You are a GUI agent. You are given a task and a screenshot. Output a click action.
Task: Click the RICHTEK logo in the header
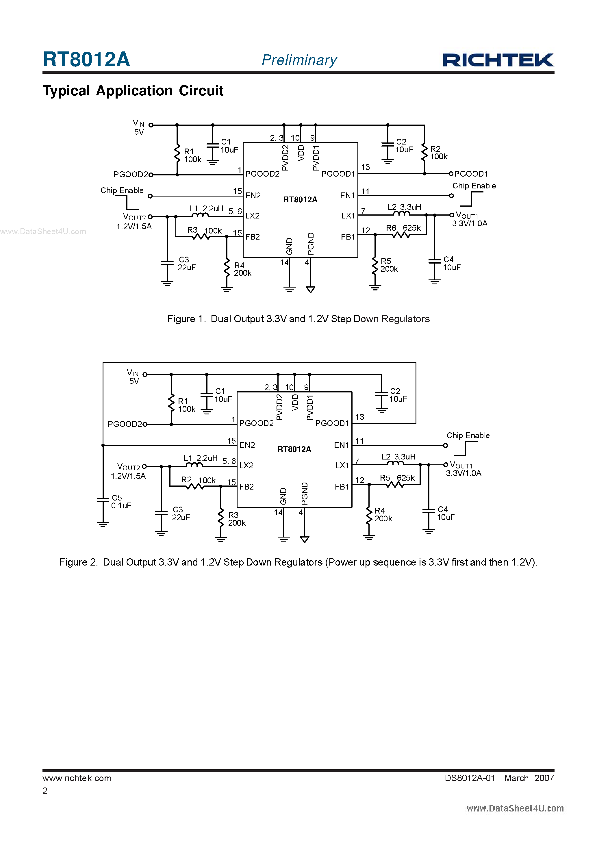pos(498,60)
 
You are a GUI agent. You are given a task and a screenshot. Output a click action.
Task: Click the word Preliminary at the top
pos(299,60)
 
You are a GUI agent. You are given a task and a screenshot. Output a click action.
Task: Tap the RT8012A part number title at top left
pos(86,59)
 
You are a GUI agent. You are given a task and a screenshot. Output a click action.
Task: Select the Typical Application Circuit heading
pos(133,90)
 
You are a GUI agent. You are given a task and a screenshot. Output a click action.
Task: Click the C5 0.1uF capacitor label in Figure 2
pos(121,502)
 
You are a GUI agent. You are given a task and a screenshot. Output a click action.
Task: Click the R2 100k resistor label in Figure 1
pos(438,153)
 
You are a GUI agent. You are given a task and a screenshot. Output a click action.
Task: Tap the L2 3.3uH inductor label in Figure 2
pos(398,457)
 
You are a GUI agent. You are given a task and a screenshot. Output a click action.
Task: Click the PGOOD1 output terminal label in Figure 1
pos(471,174)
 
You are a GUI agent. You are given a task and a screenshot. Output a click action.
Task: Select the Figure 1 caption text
pos(298,319)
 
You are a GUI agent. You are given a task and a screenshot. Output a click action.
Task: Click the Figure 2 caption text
pos(298,562)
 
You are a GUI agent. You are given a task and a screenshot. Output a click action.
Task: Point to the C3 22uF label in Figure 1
pos(186,264)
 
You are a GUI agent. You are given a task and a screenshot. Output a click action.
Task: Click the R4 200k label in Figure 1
pos(242,269)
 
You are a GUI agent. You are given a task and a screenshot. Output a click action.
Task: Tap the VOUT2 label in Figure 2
pos(129,467)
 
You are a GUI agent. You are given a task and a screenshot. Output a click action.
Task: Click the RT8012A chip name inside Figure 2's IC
pos(294,449)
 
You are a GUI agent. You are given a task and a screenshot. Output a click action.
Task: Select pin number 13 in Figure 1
pos(365,167)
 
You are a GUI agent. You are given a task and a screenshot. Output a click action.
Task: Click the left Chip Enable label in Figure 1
pos(122,190)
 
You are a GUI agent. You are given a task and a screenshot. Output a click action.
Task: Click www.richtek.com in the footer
pos(77,778)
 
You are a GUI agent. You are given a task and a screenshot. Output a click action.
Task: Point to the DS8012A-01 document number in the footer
pos(470,778)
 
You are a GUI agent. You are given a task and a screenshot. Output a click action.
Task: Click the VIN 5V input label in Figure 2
pos(133,377)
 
